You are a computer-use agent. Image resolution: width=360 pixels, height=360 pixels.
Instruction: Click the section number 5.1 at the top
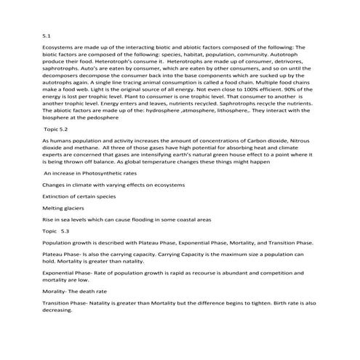(x=47, y=34)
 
